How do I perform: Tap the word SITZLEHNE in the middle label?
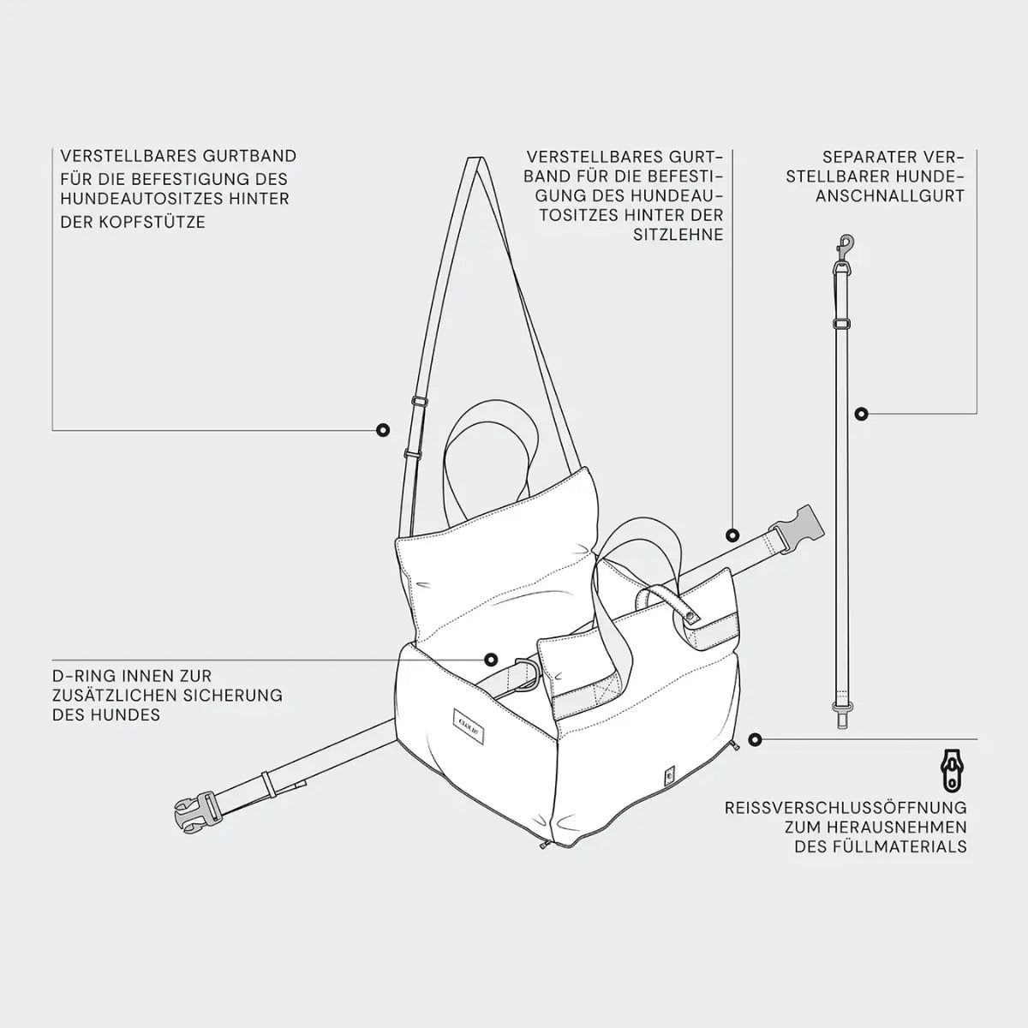point(678,235)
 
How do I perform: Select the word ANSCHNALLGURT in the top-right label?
point(890,196)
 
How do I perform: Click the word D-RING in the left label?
point(84,676)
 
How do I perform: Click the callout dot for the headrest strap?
point(382,430)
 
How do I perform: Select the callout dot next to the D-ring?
point(491,660)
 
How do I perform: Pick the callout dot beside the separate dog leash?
point(862,414)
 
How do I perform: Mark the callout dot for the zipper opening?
point(755,739)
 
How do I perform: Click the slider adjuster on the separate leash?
point(842,324)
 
